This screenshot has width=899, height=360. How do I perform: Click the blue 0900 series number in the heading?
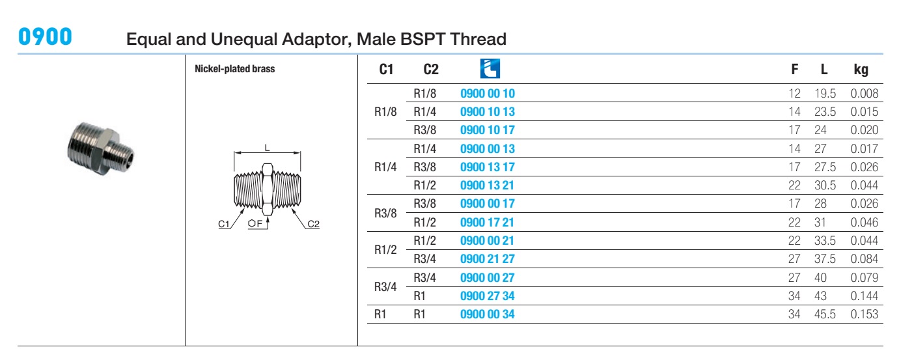pyautogui.click(x=45, y=37)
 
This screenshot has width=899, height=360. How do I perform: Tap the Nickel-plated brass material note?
pyautogui.click(x=235, y=69)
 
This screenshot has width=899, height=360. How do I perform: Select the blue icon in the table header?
pyautogui.click(x=490, y=68)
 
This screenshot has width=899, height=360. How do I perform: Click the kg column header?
pyautogui.click(x=861, y=70)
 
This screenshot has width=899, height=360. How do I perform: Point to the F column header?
pyautogui.click(x=794, y=70)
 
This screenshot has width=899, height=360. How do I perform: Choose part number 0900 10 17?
pyautogui.click(x=487, y=130)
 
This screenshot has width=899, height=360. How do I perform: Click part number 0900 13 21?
pyautogui.click(x=487, y=186)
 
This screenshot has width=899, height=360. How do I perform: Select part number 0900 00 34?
pyautogui.click(x=487, y=314)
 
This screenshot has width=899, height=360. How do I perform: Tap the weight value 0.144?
pyautogui.click(x=864, y=296)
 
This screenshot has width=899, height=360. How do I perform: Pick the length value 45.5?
pyautogui.click(x=825, y=314)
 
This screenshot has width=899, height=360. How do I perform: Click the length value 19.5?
pyautogui.click(x=825, y=94)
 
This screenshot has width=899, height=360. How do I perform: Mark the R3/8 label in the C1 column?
pyautogui.click(x=385, y=213)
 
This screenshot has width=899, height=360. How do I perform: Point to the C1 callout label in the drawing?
pyautogui.click(x=223, y=224)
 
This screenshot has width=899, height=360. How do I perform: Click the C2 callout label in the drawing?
pyautogui.click(x=314, y=224)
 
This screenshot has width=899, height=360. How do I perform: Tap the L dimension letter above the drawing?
pyautogui.click(x=268, y=148)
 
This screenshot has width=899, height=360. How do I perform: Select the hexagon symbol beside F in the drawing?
pyautogui.click(x=252, y=223)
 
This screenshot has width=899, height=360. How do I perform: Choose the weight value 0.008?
pyautogui.click(x=864, y=94)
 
